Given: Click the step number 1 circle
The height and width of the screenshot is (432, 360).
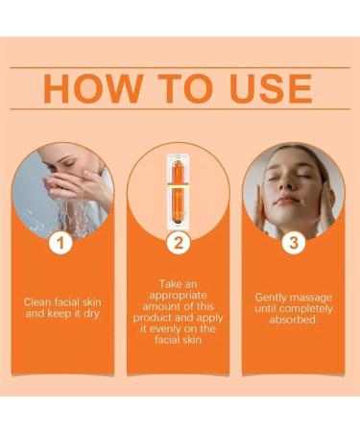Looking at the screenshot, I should click(61, 243).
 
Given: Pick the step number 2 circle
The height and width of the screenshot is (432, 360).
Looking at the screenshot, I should click(179, 243).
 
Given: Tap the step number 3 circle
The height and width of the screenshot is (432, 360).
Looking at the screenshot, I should click(293, 243).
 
